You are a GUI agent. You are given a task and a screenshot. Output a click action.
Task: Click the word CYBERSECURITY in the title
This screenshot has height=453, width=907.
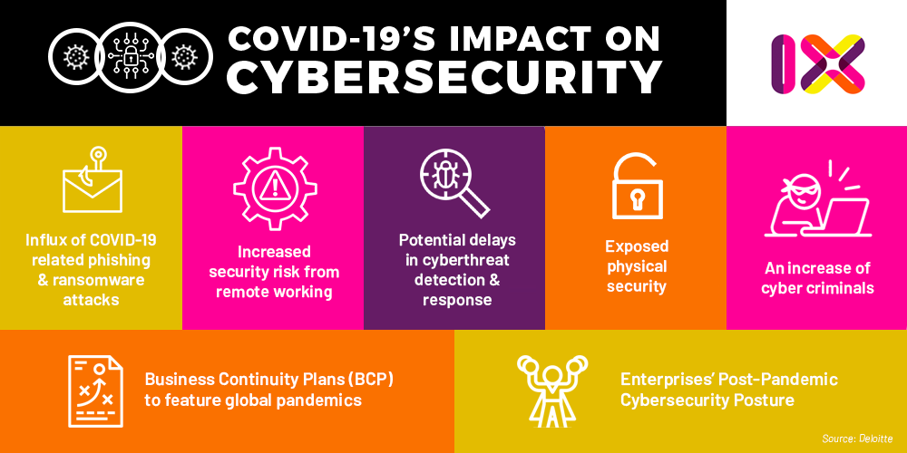point(444,78)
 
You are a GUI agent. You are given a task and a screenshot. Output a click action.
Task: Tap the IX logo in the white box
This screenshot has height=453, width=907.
point(817,63)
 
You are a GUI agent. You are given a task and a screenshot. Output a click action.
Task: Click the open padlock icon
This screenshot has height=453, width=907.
point(637,186)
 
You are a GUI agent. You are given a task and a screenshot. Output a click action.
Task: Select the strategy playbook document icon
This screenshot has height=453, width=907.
point(95,390)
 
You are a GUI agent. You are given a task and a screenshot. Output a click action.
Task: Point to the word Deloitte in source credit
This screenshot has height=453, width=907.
point(874,439)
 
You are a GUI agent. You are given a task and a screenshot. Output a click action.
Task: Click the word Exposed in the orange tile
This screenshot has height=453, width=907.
point(637,246)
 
